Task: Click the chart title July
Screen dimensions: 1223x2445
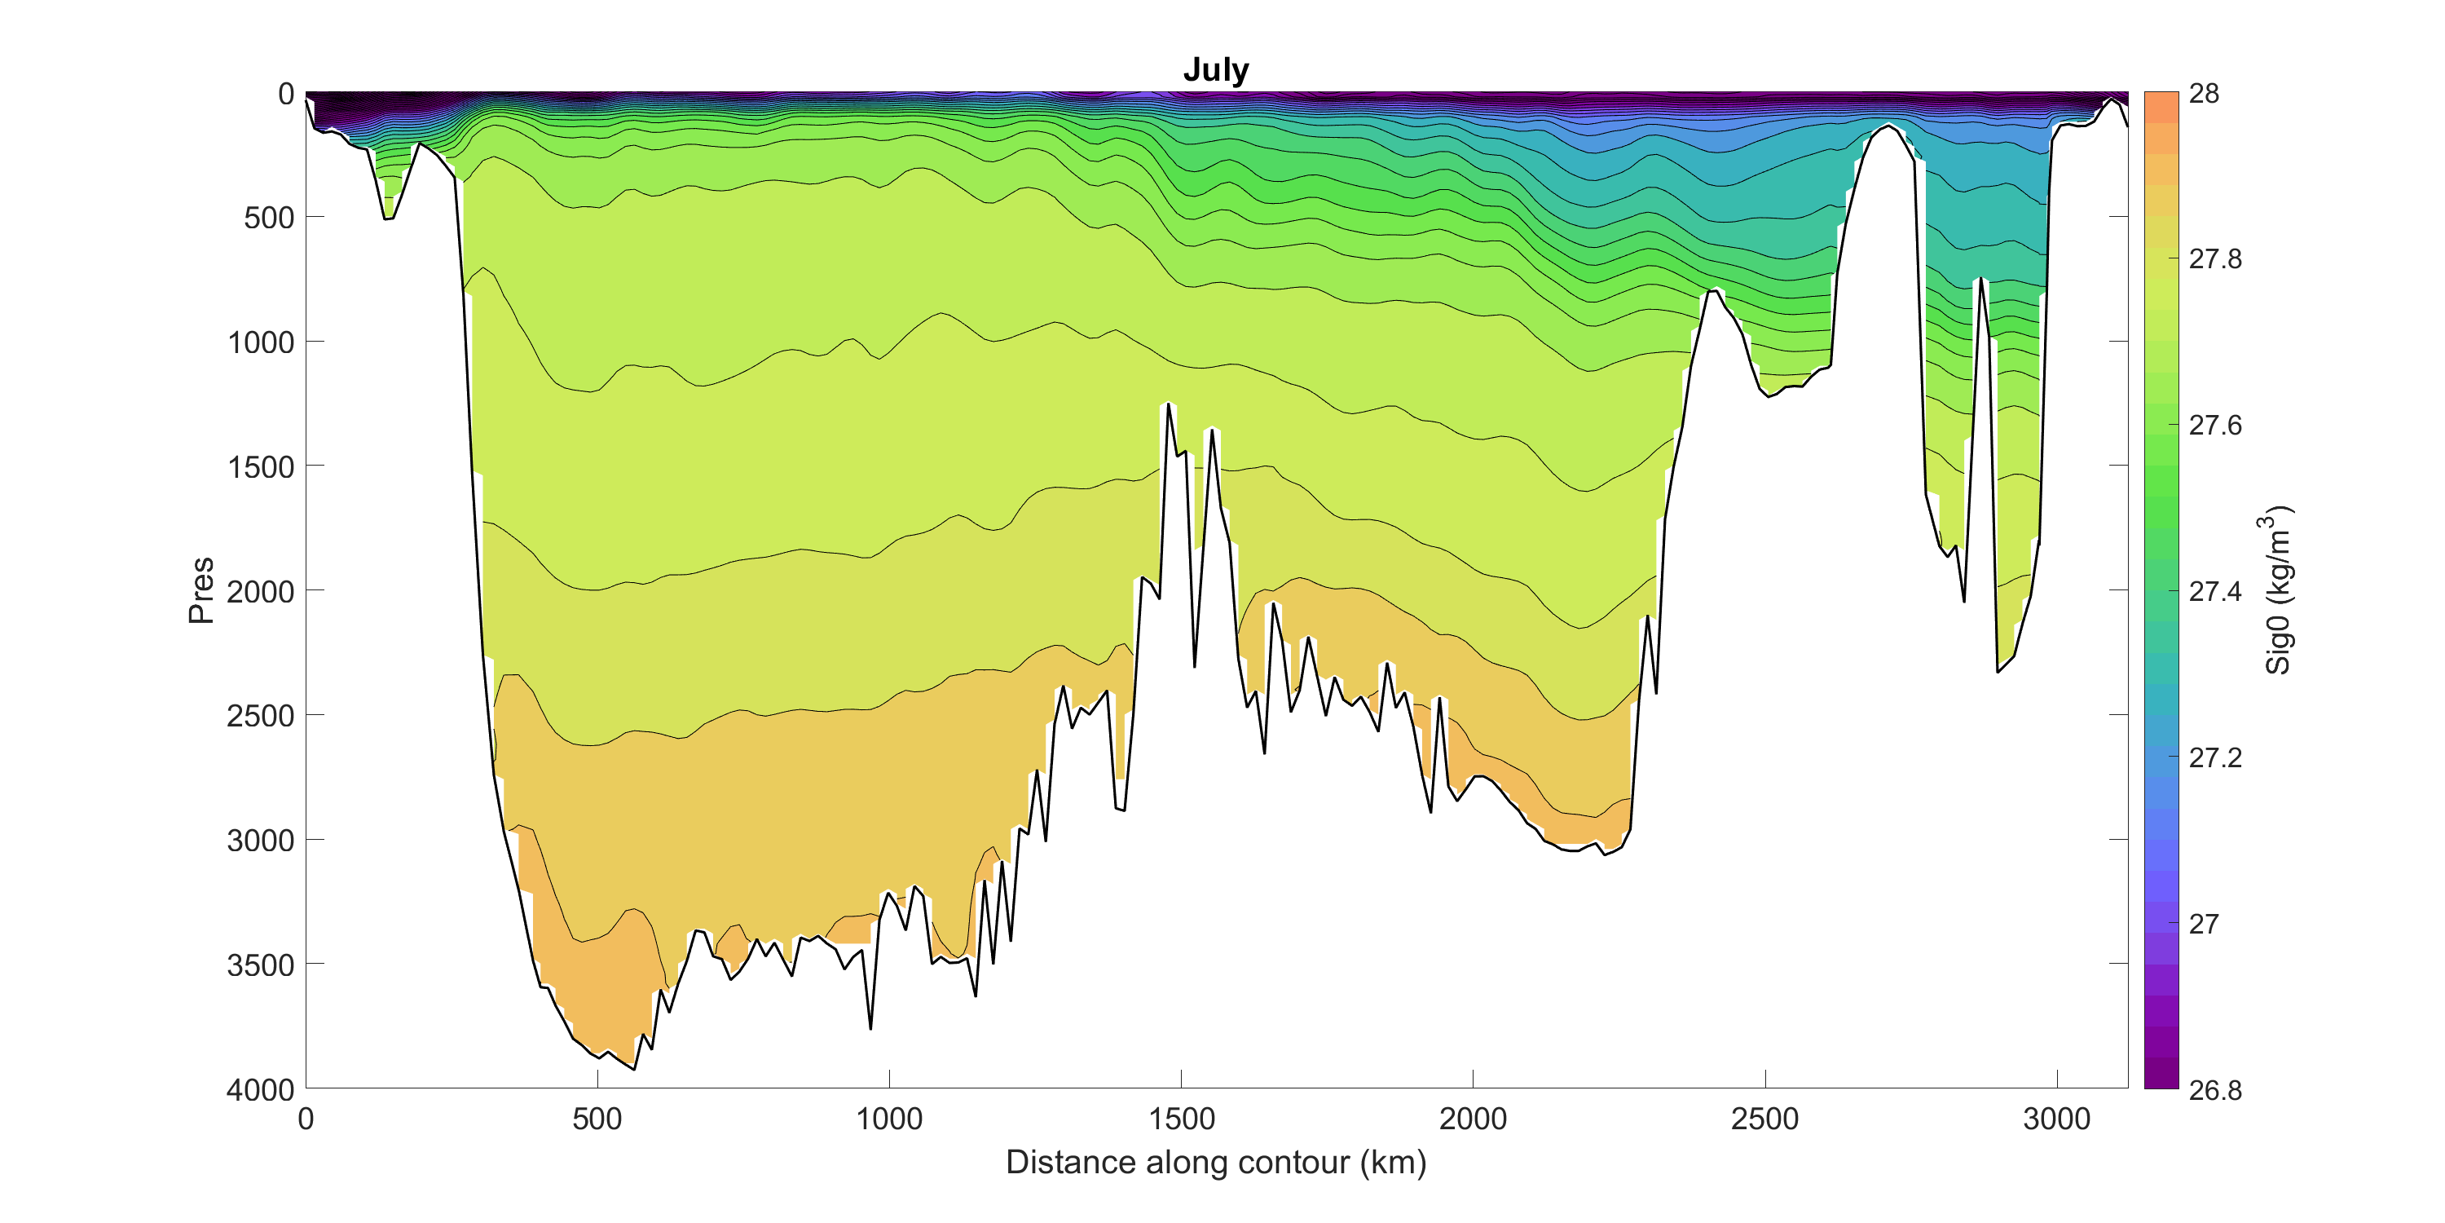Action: click(x=1216, y=69)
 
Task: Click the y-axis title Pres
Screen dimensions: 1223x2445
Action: click(x=201, y=589)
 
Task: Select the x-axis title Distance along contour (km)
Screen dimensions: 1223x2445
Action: click(x=1216, y=1162)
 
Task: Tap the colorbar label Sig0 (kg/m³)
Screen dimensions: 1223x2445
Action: click(x=2278, y=589)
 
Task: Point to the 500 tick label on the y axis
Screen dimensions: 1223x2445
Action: click(x=269, y=219)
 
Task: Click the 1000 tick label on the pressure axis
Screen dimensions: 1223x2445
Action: click(x=261, y=342)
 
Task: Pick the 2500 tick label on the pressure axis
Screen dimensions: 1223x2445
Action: click(x=261, y=716)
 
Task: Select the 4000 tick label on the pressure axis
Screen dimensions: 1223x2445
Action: click(x=261, y=1089)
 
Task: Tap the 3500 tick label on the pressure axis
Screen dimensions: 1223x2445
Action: click(x=261, y=965)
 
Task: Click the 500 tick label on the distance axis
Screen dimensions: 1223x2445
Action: click(x=597, y=1119)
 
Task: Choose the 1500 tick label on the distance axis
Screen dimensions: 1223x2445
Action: click(x=1181, y=1119)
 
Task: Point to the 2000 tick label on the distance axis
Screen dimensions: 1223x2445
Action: click(x=1472, y=1119)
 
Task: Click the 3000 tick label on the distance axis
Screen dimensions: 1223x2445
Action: click(x=2056, y=1119)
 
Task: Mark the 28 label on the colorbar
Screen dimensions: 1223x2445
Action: click(x=2204, y=94)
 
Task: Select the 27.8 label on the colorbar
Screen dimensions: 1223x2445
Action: click(x=2215, y=259)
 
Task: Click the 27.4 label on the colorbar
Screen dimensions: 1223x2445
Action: click(x=2215, y=592)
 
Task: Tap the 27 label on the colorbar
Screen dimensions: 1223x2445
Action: click(x=2204, y=924)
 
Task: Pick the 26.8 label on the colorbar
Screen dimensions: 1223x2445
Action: click(x=2215, y=1090)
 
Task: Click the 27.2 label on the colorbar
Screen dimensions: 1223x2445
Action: click(x=2215, y=757)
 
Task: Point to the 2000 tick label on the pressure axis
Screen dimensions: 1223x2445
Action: click(x=261, y=592)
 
